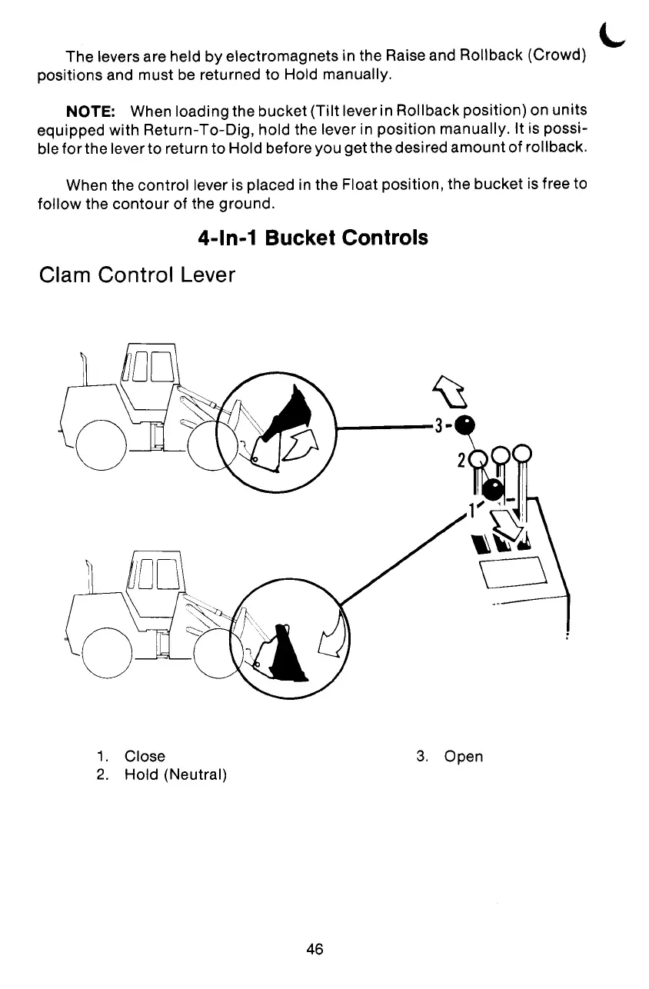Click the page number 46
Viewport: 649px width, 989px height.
[314, 949]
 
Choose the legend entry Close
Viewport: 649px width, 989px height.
[145, 756]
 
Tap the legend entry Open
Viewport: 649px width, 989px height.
[464, 756]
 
